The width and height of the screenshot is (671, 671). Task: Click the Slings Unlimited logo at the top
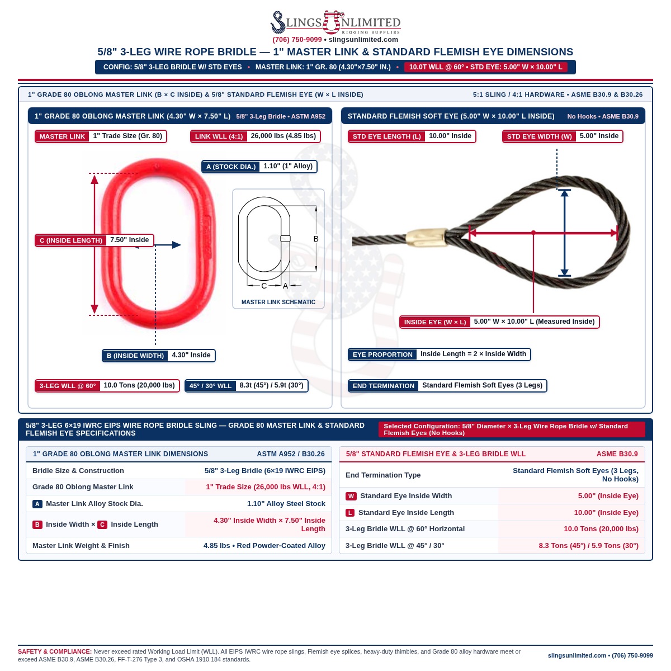click(x=335, y=22)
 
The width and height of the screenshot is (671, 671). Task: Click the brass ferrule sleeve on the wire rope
click(x=427, y=238)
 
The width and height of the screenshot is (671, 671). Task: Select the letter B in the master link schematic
click(x=316, y=239)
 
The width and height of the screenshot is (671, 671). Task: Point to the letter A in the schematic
click(x=286, y=286)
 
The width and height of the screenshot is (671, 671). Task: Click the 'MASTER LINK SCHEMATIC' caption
click(x=278, y=303)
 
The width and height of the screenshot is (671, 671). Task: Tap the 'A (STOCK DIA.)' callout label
click(x=231, y=167)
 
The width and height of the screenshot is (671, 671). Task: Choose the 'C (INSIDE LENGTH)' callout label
click(x=71, y=240)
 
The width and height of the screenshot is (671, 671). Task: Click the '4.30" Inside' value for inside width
click(x=191, y=355)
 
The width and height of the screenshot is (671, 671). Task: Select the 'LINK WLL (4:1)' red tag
click(x=219, y=136)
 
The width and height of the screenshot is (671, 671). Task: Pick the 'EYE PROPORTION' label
click(x=382, y=355)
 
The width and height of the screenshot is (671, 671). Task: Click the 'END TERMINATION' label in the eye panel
click(x=384, y=386)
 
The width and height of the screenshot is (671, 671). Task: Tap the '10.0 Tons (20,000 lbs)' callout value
click(x=139, y=385)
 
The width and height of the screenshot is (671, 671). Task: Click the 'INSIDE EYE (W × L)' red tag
click(x=435, y=322)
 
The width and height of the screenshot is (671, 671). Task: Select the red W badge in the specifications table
click(x=351, y=496)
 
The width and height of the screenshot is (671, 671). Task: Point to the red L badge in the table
click(x=350, y=513)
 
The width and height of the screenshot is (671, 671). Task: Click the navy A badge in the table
click(x=37, y=504)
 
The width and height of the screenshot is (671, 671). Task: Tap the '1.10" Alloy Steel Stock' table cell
click(x=286, y=503)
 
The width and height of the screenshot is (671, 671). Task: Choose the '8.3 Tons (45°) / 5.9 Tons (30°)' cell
click(x=588, y=546)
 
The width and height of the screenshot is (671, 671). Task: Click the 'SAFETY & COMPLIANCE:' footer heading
click(x=55, y=651)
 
